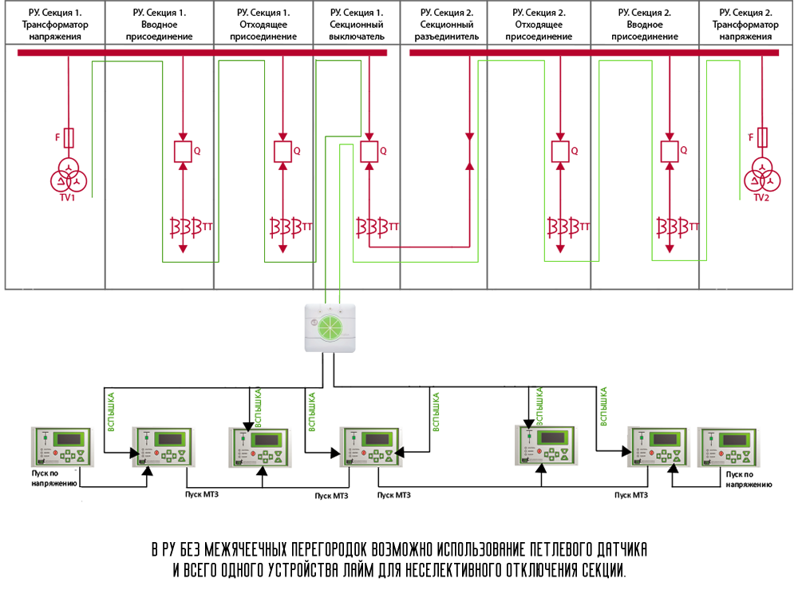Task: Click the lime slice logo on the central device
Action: pos(330,327)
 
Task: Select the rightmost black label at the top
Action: pos(745,23)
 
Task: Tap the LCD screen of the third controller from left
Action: pos(267,439)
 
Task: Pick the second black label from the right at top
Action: pos(643,23)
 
